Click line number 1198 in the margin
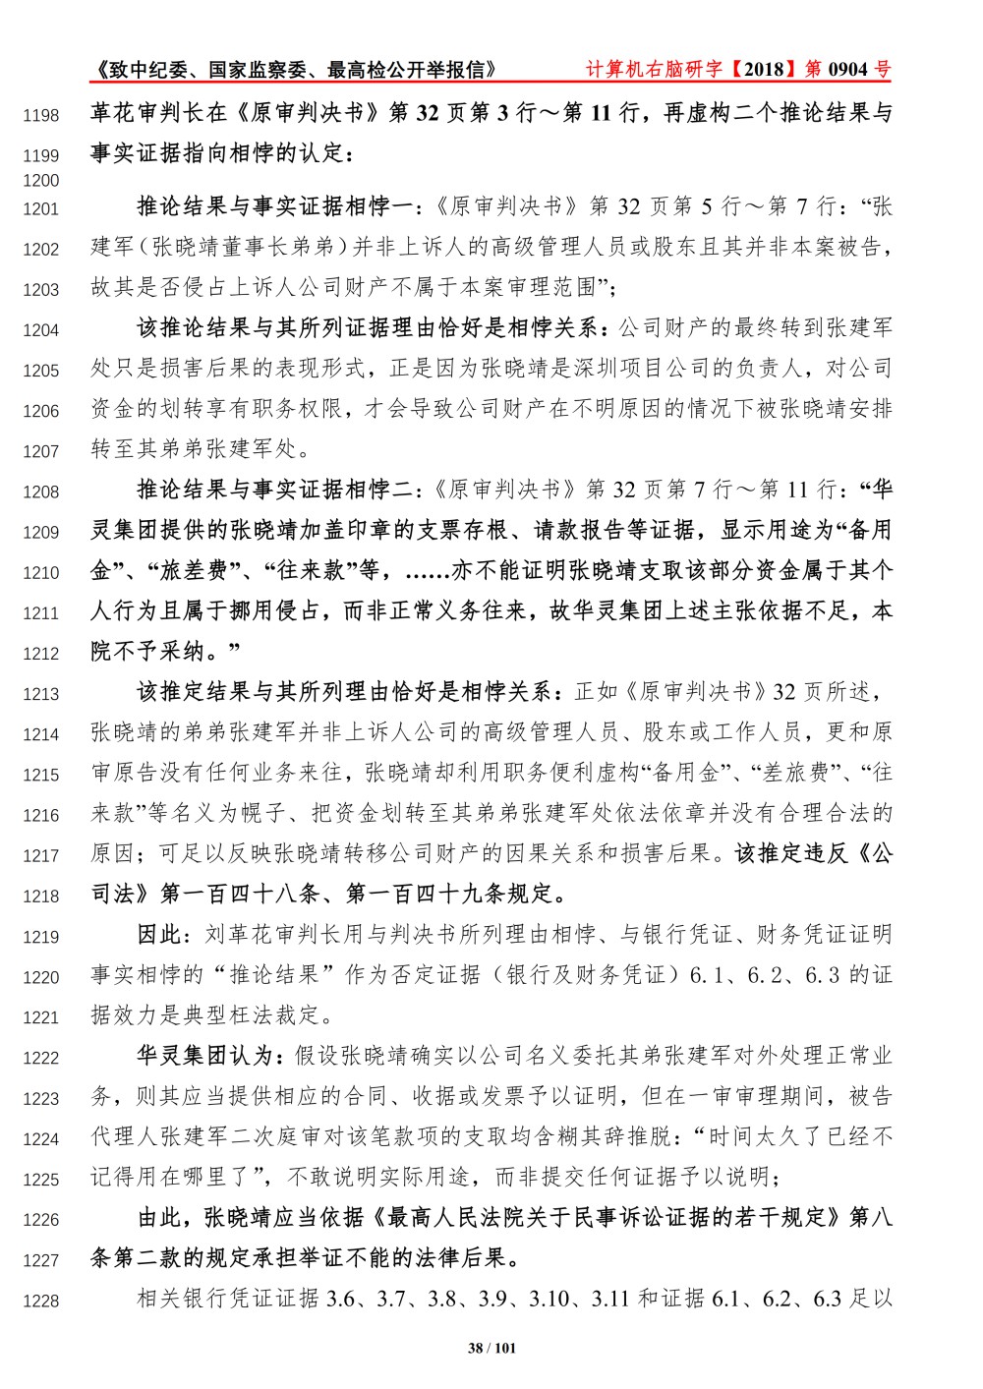[41, 116]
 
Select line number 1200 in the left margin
[41, 181]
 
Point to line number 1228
[41, 1302]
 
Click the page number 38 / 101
[491, 1348]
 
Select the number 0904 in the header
[848, 69]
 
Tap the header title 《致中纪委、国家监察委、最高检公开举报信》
[295, 69]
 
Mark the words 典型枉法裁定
[262, 1015]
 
